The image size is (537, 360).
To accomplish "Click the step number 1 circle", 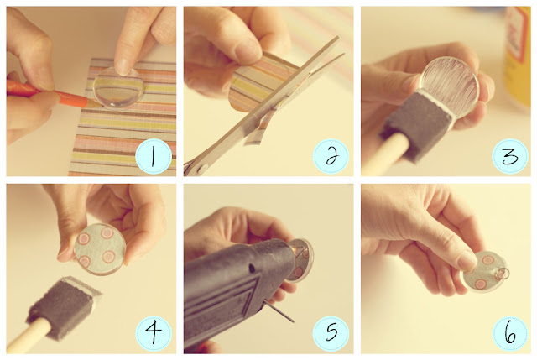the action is [154, 156].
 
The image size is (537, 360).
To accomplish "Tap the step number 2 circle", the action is [331, 156].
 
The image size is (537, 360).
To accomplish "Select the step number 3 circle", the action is [510, 156].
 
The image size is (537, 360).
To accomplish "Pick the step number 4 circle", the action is [154, 334].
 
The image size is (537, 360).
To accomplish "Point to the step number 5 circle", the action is [331, 334].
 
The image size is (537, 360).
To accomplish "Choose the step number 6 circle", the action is [510, 334].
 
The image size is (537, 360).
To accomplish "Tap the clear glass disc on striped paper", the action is [119, 88].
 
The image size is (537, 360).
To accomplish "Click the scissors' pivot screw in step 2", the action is [202, 169].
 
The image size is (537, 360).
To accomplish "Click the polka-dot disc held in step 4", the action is [100, 248].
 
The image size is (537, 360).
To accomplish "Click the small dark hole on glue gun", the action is [252, 269].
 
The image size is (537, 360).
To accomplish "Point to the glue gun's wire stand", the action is [279, 312].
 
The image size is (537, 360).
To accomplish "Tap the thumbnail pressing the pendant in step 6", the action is [467, 261].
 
